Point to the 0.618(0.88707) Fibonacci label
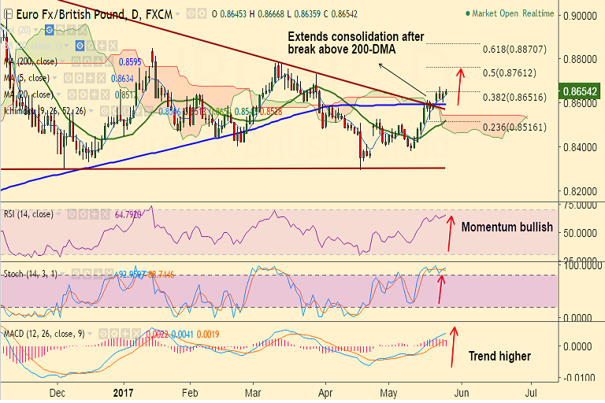point(515,49)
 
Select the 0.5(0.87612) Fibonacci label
point(509,72)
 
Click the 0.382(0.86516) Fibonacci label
point(514,97)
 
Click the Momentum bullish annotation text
point(507,227)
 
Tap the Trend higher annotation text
point(499,356)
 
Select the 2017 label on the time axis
point(123,391)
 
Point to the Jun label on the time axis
point(462,391)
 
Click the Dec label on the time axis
point(57,391)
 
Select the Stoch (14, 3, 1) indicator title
point(35,273)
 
